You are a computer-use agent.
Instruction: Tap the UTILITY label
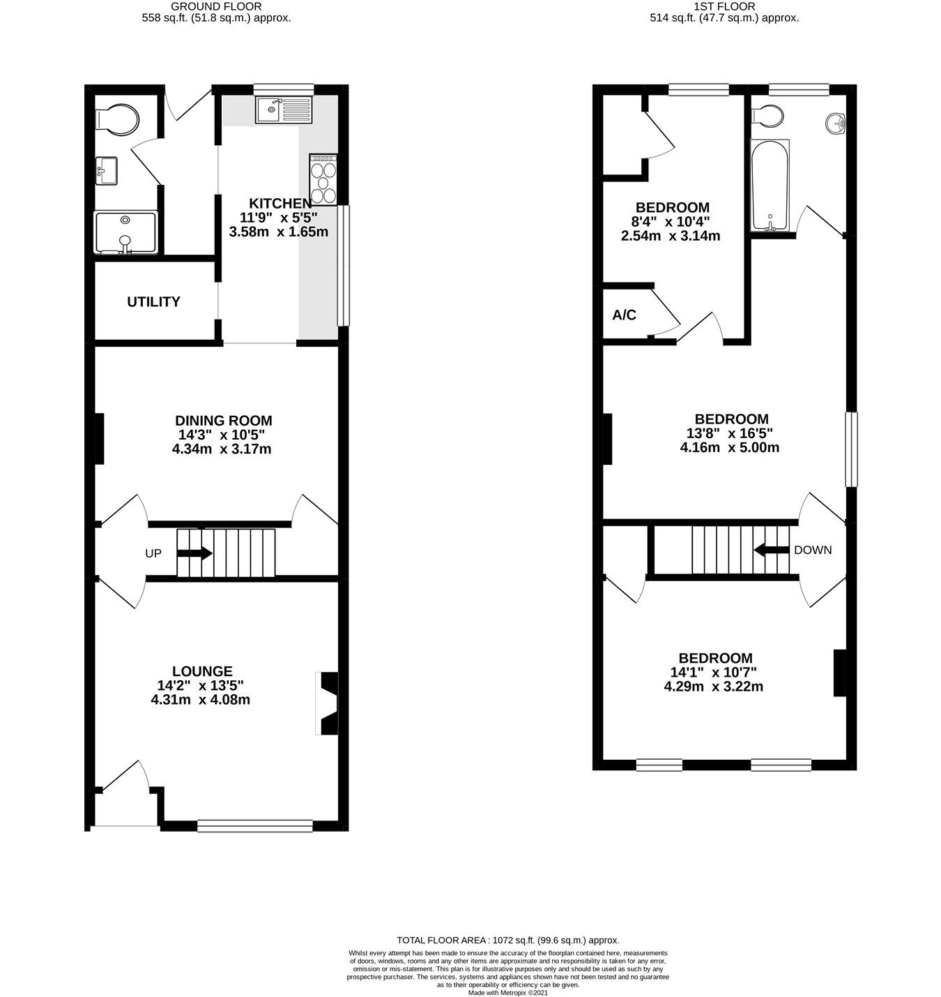153,302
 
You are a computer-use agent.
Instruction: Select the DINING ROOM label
223,421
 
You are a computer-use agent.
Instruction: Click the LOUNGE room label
202,671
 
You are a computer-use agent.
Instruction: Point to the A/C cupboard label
624,315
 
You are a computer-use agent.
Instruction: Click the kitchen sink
284,110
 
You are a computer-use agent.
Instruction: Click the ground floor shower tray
125,232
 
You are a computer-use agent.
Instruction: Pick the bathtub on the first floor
770,185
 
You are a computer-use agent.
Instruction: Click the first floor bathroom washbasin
835,123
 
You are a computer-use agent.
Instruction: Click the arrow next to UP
194,553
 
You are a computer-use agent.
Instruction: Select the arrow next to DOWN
771,550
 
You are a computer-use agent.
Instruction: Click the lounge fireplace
328,703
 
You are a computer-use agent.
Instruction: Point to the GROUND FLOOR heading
216,6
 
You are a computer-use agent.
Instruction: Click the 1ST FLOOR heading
724,6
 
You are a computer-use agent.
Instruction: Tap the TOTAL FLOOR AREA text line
507,940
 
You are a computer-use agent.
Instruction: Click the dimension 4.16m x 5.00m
729,448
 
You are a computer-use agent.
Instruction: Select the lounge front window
254,826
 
